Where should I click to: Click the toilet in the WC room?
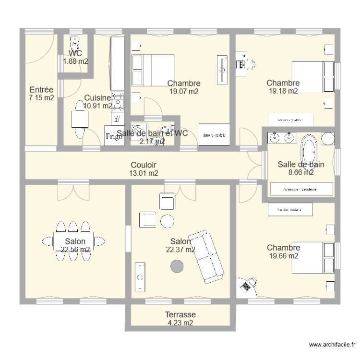74,43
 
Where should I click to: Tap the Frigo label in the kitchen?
114,136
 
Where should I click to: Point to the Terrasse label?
180,315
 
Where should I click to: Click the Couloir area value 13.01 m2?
144,173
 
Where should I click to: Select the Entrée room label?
41,90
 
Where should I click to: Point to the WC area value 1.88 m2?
75,61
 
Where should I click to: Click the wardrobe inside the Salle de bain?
301,189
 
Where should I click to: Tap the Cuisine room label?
97,98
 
